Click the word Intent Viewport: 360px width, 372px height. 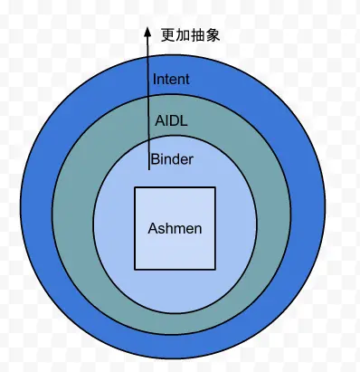pos(171,79)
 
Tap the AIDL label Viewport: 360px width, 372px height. pos(171,119)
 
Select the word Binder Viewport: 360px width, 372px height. pos(172,160)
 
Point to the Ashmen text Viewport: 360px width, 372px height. pos(175,228)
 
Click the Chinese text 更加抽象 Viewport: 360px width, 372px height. pos(190,35)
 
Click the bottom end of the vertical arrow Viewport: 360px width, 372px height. pos(148,169)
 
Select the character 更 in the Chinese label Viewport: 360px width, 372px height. pos(167,35)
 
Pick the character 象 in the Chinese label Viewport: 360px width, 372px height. pos(213,35)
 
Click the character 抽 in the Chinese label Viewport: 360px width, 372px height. pos(198,35)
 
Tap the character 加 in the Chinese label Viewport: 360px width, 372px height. pos(183,35)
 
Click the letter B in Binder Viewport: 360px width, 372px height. pos(155,160)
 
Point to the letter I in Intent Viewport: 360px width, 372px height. pos(156,79)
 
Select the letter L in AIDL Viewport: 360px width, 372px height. pos(185,119)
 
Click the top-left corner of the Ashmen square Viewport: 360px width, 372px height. pos(135,187)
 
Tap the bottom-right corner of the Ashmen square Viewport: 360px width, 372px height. pos(215,269)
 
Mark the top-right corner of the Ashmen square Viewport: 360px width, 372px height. pos(215,187)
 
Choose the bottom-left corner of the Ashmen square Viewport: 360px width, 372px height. pos(135,269)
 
